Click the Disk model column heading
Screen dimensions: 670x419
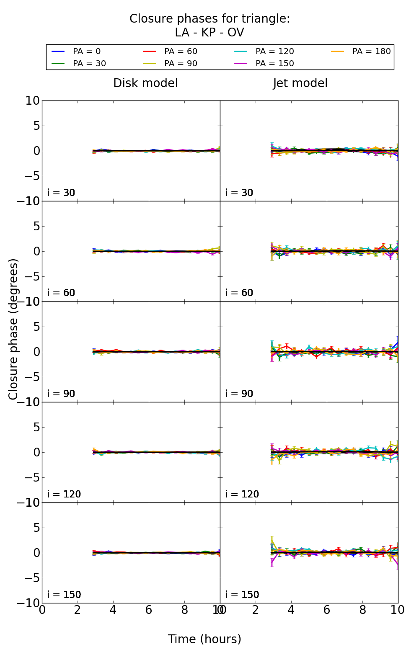pyautogui.click(x=145, y=83)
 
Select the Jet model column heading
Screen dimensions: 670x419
pyautogui.click(x=300, y=83)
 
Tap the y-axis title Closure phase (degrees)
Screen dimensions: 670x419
pyautogui.click(x=13, y=329)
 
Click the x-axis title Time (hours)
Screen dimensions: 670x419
pyautogui.click(x=204, y=639)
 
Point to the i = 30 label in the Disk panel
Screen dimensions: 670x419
pyautogui.click(x=61, y=193)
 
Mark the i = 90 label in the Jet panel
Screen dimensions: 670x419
pyautogui.click(x=239, y=394)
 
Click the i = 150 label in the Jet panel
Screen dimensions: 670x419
pyautogui.click(x=242, y=595)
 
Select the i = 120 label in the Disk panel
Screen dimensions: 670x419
pyautogui.click(x=64, y=494)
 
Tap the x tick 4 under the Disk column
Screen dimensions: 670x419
pyautogui.click(x=113, y=610)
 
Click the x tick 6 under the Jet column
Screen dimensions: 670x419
pyautogui.click(x=327, y=610)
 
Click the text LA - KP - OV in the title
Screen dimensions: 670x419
pyautogui.click(x=209, y=33)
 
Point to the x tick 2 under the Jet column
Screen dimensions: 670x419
pyautogui.click(x=256, y=610)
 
